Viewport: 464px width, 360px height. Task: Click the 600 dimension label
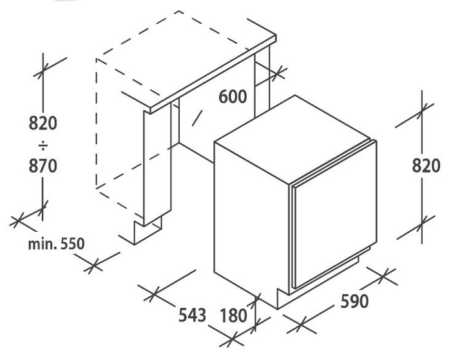point(233,97)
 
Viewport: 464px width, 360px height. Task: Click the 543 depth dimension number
point(192,315)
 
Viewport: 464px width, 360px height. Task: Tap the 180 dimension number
point(233,316)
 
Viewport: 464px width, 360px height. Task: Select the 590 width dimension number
point(354,301)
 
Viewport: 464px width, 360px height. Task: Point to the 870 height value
point(43,166)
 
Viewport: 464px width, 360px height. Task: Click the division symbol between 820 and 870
point(43,146)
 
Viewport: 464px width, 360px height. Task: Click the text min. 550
point(56,243)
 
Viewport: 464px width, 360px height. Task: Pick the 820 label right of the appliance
point(426,166)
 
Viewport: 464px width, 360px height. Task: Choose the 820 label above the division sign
point(43,123)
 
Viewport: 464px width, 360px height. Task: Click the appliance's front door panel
point(334,214)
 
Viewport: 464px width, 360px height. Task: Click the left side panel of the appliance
point(251,225)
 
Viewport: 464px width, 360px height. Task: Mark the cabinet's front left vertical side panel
point(157,166)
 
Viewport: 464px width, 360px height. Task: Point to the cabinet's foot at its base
point(148,231)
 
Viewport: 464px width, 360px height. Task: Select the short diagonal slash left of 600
point(197,117)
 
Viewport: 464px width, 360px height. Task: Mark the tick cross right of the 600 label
point(278,73)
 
